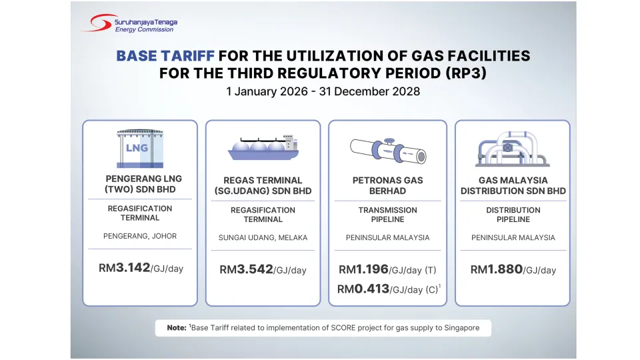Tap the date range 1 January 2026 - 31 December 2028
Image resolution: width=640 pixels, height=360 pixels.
[x=323, y=91]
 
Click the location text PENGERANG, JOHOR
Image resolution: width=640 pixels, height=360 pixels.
[x=140, y=236]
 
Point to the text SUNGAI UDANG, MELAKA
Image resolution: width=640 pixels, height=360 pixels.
[x=263, y=237]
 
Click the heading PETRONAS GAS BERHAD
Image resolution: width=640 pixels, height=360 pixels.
[x=387, y=185]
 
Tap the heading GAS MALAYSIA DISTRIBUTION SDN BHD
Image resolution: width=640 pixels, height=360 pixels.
[x=513, y=185]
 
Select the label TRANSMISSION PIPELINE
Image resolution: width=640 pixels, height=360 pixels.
[x=387, y=215]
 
